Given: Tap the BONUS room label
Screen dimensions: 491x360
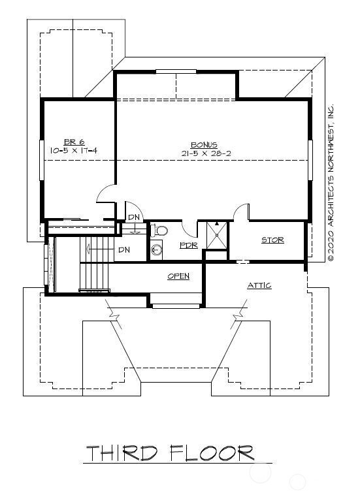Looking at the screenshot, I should (x=204, y=145).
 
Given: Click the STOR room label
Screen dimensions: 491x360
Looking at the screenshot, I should (x=272, y=240).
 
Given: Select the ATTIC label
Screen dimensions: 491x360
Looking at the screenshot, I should (x=259, y=286).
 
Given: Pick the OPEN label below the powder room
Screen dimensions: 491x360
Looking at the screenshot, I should (x=178, y=276).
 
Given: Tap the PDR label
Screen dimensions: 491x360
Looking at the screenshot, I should (x=188, y=246).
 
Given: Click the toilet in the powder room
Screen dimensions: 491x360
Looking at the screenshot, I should (x=160, y=230).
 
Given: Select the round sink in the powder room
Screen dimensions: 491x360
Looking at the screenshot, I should (x=156, y=249).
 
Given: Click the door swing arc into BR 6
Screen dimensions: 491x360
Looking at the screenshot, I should (x=106, y=193).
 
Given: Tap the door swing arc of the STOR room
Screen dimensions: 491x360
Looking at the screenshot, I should (x=241, y=212).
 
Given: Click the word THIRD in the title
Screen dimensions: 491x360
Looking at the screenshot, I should (x=122, y=453).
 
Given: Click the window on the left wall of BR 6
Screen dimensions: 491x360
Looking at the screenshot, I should (x=42, y=159).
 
